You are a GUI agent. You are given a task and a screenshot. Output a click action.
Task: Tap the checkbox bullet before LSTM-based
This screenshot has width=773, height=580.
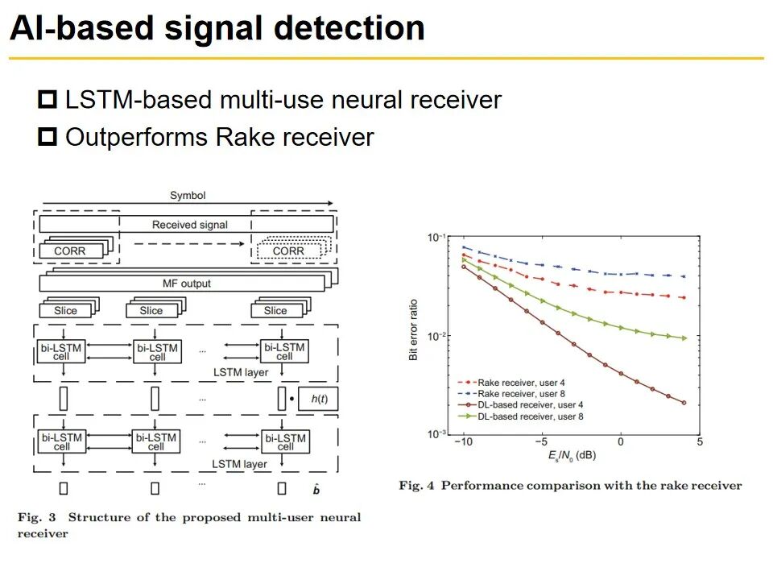pos(48,101)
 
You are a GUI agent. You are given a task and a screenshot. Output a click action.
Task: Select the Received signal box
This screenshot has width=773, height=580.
pos(189,224)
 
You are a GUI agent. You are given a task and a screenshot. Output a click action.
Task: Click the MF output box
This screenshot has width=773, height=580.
pos(186,283)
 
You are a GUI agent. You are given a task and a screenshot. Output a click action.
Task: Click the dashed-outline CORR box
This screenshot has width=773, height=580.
pos(288,251)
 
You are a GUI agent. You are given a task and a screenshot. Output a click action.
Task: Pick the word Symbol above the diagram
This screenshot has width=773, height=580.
pos(188,196)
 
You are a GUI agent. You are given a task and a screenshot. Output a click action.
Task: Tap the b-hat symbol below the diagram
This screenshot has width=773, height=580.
pos(316,489)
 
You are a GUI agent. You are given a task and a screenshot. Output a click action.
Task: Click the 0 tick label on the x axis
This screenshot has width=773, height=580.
pos(620,442)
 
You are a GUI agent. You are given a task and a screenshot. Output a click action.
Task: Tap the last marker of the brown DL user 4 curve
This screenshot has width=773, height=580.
pos(684,403)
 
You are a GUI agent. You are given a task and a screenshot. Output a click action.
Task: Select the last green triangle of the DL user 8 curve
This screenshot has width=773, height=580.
pos(684,338)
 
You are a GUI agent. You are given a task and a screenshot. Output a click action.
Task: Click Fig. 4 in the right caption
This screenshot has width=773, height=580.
pos(416,485)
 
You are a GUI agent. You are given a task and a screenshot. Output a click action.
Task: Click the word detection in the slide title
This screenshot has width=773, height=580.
pos(349,29)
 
